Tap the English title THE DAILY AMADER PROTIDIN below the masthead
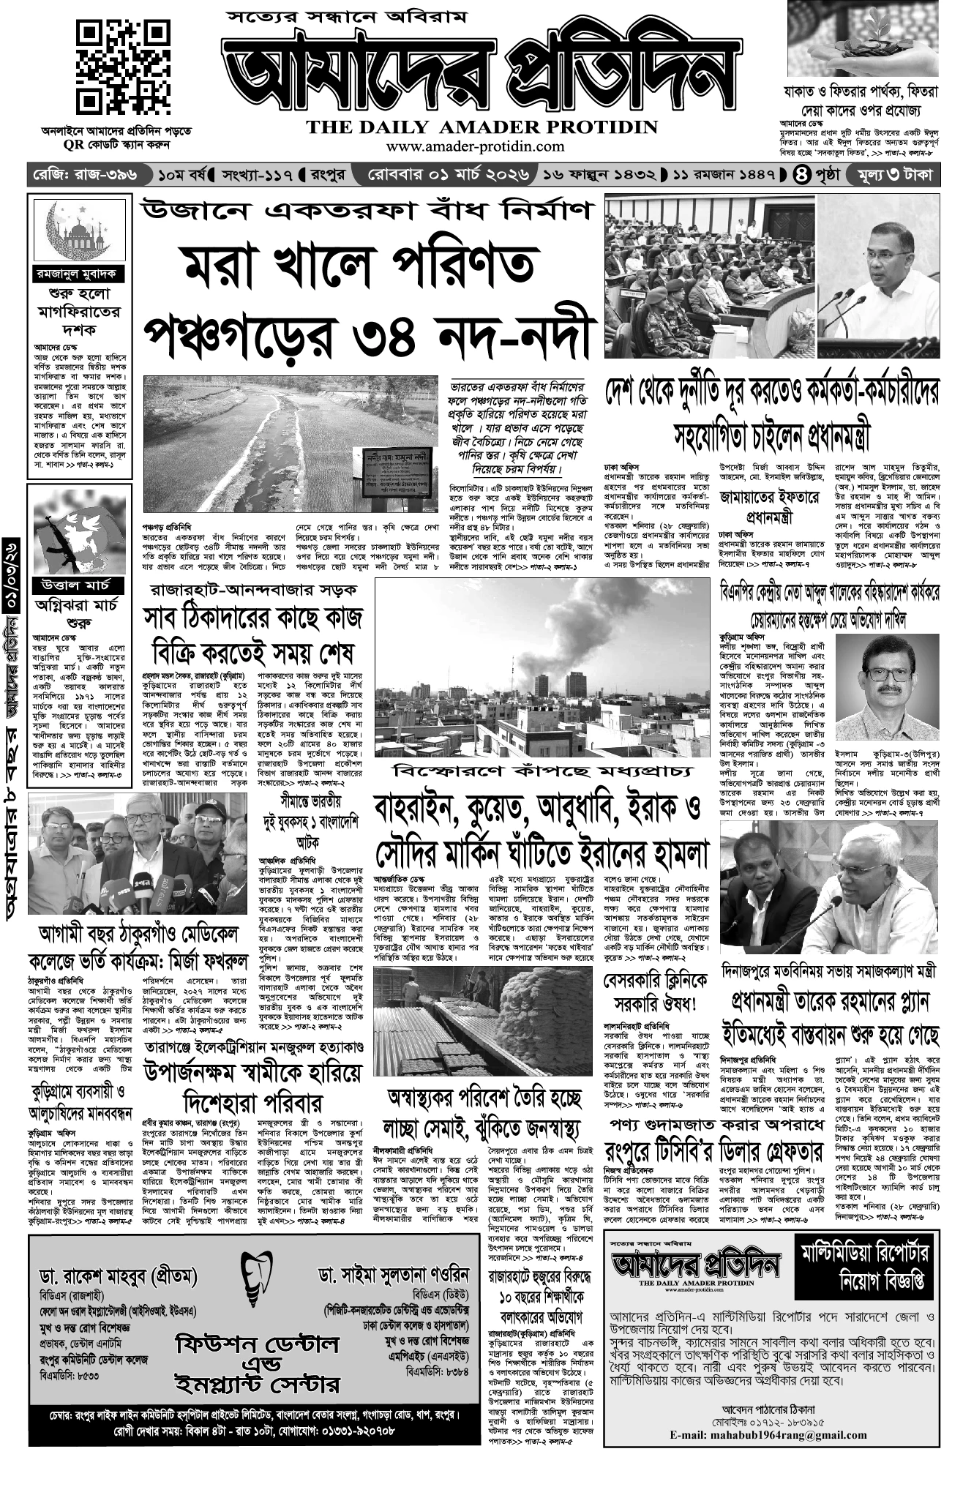click(482, 127)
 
